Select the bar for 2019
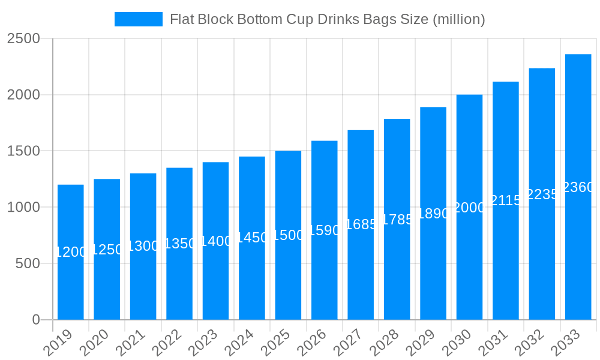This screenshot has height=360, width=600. click(71, 252)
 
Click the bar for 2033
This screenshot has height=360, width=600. click(578, 187)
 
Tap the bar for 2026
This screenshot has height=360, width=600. click(325, 230)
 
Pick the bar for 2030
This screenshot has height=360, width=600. click(469, 207)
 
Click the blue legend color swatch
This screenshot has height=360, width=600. click(139, 19)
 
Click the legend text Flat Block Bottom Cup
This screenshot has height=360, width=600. click(327, 19)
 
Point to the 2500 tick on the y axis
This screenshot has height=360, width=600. click(23, 39)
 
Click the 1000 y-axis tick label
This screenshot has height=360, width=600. click(23, 208)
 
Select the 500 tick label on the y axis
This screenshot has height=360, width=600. click(28, 263)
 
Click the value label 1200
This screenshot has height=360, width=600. click(71, 252)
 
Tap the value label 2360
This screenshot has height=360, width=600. click(578, 187)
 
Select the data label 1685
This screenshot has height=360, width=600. click(361, 224)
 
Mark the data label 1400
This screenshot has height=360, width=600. click(215, 241)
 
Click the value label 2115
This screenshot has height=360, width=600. click(506, 200)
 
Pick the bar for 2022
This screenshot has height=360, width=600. click(179, 244)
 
